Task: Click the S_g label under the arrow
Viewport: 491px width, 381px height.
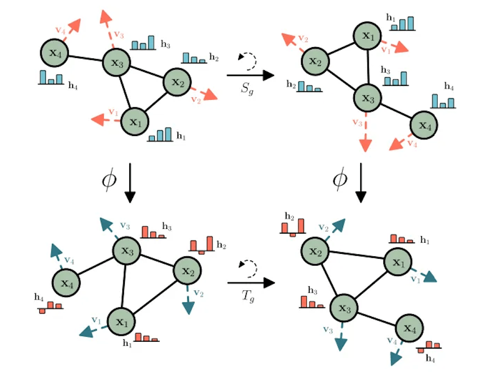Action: pos(250,91)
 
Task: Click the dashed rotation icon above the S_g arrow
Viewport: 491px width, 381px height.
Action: pos(247,60)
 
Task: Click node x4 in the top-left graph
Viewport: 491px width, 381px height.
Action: pos(54,54)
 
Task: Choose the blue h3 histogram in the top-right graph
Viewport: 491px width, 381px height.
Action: pos(396,78)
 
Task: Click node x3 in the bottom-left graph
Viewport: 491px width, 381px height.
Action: pos(127,251)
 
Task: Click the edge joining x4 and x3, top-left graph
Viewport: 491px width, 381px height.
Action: pos(85,58)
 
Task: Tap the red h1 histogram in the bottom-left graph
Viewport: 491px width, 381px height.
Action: pos(146,337)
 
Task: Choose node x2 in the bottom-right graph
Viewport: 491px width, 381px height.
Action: pos(315,251)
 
